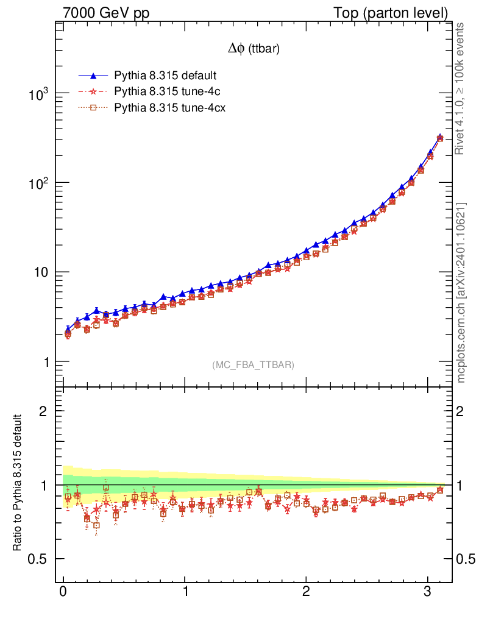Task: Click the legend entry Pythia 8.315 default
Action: pos(165,76)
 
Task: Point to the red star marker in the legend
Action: pos(94,92)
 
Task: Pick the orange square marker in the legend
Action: pos(94,108)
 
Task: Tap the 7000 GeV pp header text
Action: pos(106,13)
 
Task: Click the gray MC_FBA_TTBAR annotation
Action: pos(254,364)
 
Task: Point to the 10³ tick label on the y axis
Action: pos(40,94)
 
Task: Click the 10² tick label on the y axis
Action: pos(40,184)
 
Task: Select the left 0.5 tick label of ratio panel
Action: pos(38,559)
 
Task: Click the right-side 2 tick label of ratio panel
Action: pos(461,411)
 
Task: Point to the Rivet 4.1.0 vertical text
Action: pos(461,89)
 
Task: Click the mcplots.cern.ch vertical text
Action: pos(461,292)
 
